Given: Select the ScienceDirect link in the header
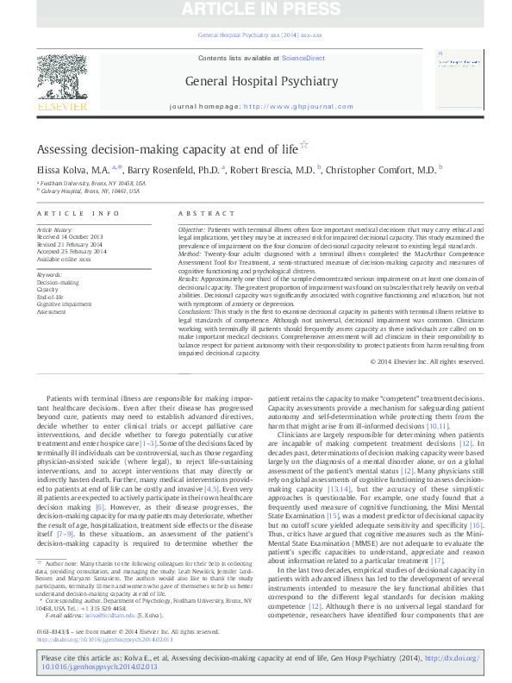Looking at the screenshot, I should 303,58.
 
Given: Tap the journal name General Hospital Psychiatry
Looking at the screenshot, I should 255,82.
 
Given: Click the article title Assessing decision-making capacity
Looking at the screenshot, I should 167,148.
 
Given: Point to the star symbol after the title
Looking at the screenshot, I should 303,146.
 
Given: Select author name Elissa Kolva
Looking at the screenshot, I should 71,170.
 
